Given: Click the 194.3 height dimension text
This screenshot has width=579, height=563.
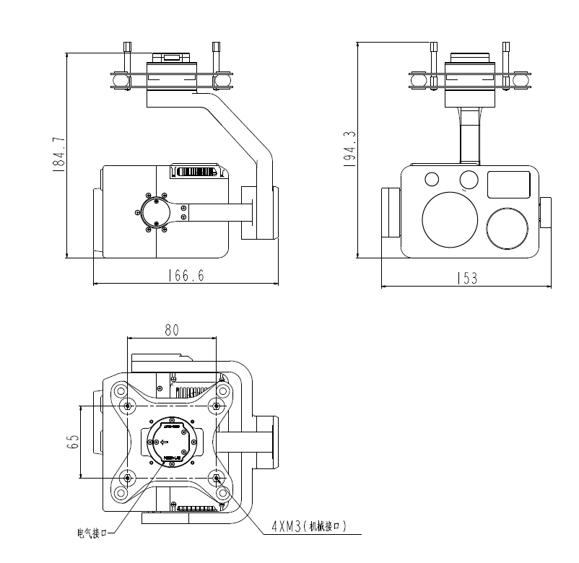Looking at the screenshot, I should click(x=350, y=149).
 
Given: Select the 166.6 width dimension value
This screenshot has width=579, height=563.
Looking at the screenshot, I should click(x=186, y=276).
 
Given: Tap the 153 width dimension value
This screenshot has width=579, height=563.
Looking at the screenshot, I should click(x=467, y=279).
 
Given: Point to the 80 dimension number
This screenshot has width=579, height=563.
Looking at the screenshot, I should click(x=172, y=330).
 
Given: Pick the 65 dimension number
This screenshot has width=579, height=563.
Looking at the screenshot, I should click(x=73, y=442).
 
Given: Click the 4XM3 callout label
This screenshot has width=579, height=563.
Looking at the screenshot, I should click(x=309, y=527).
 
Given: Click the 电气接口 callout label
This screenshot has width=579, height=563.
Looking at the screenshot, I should click(x=92, y=533).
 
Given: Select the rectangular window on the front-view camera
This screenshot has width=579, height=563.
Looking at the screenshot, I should click(x=510, y=185).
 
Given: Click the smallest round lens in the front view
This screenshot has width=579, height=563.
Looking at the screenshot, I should click(x=432, y=179).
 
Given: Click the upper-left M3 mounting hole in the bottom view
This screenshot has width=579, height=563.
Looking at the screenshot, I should click(x=128, y=407).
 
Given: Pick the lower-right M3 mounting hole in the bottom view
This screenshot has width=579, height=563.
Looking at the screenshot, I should click(x=217, y=476).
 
